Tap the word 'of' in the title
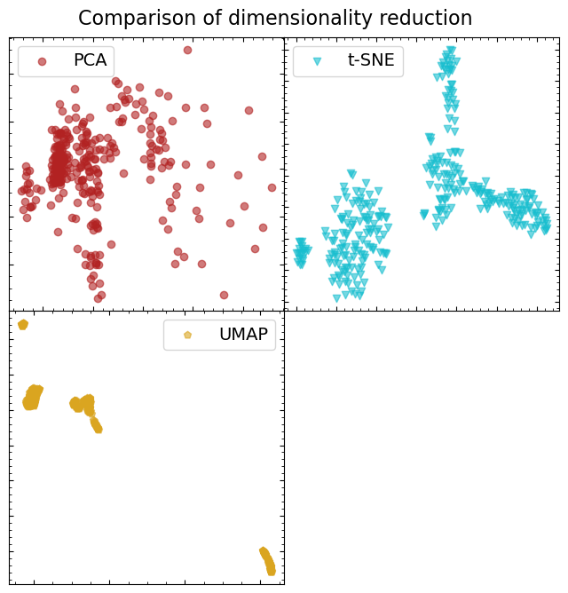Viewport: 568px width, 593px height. (192, 19)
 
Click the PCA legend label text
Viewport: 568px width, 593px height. (90, 61)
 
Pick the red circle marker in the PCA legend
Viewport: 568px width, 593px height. (42, 61)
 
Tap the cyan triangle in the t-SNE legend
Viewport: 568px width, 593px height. (317, 61)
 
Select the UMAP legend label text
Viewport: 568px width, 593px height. (243, 335)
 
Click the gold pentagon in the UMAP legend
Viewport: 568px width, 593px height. (187, 335)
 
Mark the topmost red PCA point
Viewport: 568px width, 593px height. (187, 50)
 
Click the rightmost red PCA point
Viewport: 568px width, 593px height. (272, 187)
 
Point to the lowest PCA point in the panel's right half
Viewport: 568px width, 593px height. (224, 295)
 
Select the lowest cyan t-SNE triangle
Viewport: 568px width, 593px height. (336, 298)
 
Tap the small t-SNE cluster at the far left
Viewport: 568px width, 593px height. (301, 253)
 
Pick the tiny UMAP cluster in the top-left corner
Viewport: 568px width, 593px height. (23, 325)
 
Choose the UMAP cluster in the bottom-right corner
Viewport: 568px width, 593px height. (267, 560)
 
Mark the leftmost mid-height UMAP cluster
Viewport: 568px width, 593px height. (32, 398)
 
